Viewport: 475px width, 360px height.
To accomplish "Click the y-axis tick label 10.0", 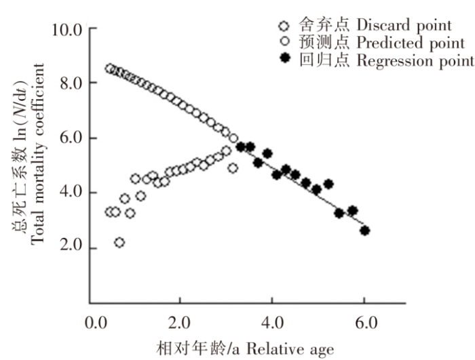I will pyautogui.click(x=66, y=31).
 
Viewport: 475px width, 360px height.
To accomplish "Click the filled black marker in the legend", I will pyautogui.click(x=285, y=61).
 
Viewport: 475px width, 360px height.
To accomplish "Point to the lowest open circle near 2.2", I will pyautogui.click(x=119, y=242).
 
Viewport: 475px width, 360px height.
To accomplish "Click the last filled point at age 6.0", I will pyautogui.click(x=364, y=231).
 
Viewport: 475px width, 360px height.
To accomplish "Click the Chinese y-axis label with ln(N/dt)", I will pyautogui.click(x=18, y=153).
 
